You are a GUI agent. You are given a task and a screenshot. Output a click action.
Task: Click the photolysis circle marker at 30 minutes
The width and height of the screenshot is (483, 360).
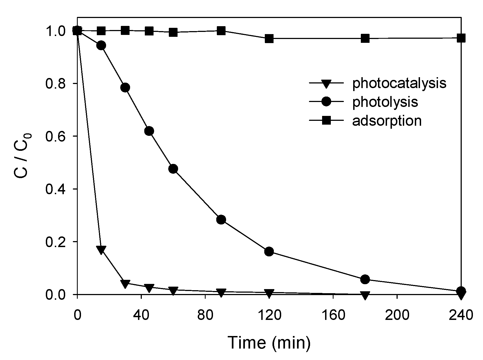[x=125, y=88]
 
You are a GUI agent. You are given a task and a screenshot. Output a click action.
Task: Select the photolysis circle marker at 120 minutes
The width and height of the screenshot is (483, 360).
[x=269, y=251]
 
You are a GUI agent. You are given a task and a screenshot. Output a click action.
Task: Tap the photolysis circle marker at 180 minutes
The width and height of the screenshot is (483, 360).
[x=365, y=279]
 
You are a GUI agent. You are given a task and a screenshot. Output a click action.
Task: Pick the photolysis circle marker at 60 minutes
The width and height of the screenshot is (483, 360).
[x=173, y=169]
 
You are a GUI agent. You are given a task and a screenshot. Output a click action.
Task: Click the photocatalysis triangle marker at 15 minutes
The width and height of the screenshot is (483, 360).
[x=101, y=250]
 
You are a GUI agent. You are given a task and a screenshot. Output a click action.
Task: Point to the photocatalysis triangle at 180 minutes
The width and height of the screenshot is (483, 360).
[x=365, y=295]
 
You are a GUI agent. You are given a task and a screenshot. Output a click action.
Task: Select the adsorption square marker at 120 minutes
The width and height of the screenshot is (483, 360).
[x=269, y=38]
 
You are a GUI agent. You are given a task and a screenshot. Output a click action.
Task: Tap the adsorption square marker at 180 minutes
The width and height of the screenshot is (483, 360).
[x=365, y=38]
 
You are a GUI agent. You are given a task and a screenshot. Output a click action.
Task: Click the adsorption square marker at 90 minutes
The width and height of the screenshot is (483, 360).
[x=221, y=31]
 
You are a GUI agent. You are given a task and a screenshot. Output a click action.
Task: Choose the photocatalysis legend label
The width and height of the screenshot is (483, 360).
[x=399, y=83]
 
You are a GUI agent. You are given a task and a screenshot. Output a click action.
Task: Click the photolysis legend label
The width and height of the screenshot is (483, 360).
[x=385, y=102]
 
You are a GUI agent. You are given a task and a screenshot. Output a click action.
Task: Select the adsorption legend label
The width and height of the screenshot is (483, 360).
[x=387, y=121]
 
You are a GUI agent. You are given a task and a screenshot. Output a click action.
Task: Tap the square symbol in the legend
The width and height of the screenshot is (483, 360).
[x=326, y=121]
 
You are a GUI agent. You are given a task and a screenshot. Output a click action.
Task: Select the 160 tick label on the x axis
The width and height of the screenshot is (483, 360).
[x=333, y=316]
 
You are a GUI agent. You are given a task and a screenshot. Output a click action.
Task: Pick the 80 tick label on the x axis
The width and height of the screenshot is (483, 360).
[x=205, y=316]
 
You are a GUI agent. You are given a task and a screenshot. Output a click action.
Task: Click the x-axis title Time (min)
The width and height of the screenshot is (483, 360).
[x=269, y=343]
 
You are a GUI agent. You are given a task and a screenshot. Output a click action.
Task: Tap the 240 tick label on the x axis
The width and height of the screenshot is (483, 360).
[x=461, y=316]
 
